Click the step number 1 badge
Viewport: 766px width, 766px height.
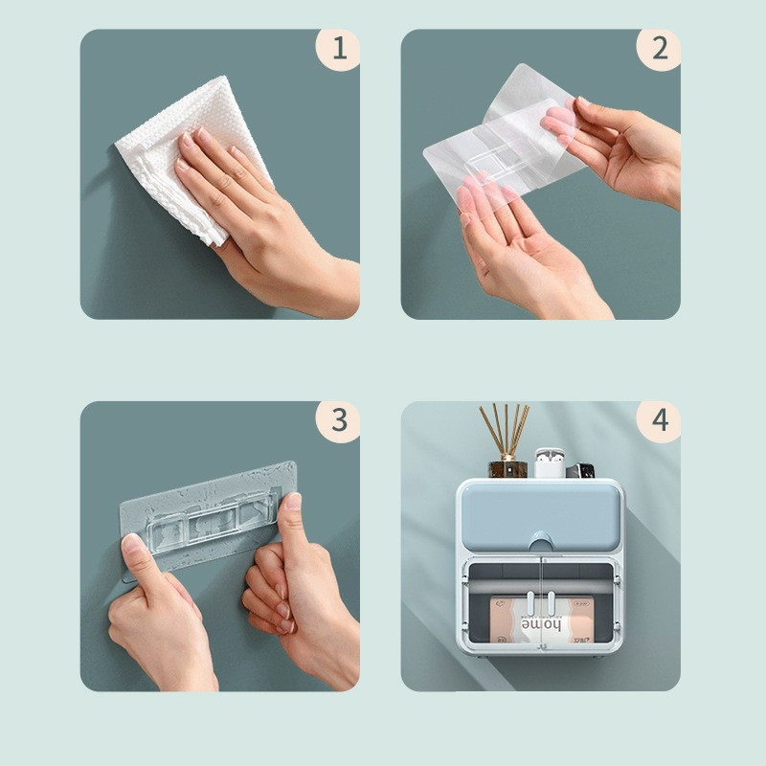[338, 50]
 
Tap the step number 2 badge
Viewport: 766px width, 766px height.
[659, 50]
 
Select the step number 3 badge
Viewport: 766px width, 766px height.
[338, 421]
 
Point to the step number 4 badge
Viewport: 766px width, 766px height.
[659, 421]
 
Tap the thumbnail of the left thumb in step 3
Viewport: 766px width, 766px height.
[132, 543]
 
